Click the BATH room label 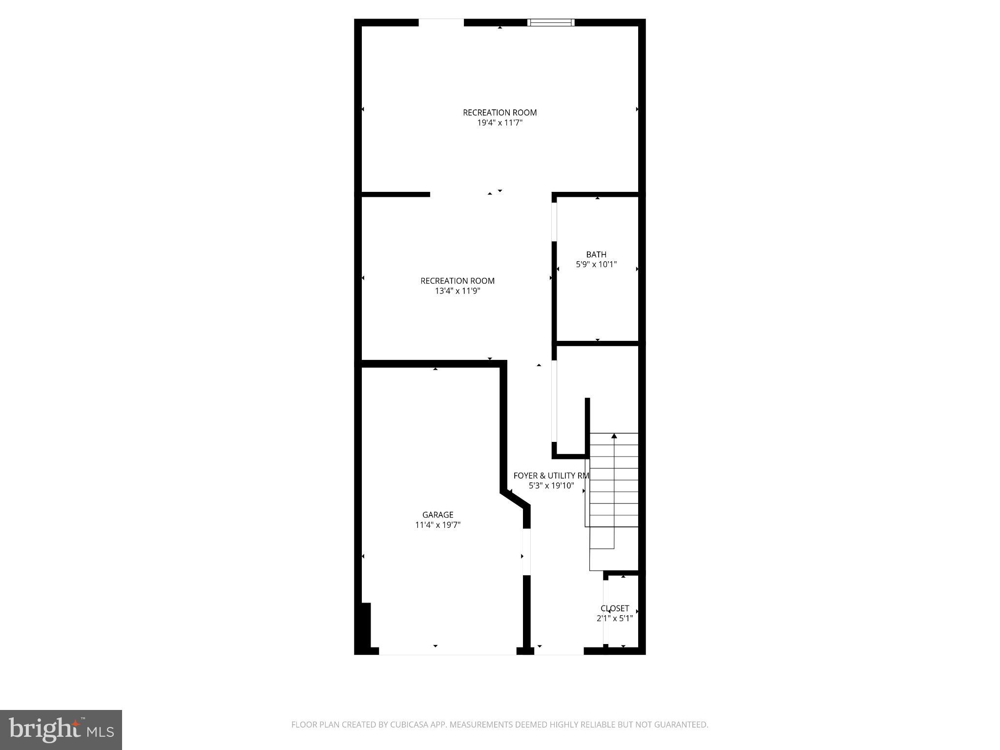pyautogui.click(x=596, y=254)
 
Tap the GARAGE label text pyautogui.click(x=438, y=515)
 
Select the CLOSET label pyautogui.click(x=615, y=608)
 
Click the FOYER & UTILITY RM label pyautogui.click(x=551, y=476)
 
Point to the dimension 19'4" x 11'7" pyautogui.click(x=500, y=123)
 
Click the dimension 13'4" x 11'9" pyautogui.click(x=458, y=291)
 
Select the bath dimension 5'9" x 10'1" pyautogui.click(x=596, y=265)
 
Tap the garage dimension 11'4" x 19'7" pyautogui.click(x=438, y=525)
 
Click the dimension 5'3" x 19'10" pyautogui.click(x=551, y=486)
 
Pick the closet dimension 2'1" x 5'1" pyautogui.click(x=615, y=618)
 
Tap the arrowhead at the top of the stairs pyautogui.click(x=614, y=436)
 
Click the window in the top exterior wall pyautogui.click(x=551, y=22)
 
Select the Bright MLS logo pyautogui.click(x=61, y=730)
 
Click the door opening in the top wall pyautogui.click(x=441, y=22)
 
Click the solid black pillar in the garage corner pyautogui.click(x=365, y=627)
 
